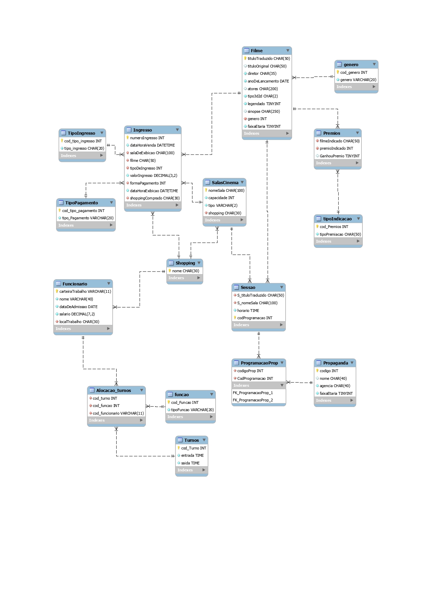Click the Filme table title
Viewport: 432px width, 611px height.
point(257,50)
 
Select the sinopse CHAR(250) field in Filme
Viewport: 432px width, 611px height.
point(264,111)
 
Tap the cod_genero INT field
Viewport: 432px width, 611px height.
point(354,72)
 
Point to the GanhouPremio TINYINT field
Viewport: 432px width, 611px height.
point(339,156)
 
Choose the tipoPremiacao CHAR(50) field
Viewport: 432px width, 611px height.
point(340,234)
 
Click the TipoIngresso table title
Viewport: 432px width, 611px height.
point(81,133)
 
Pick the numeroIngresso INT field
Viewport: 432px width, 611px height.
point(147,138)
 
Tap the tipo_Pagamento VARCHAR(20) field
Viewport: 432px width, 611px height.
point(88,218)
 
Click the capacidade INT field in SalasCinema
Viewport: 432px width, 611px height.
point(221,198)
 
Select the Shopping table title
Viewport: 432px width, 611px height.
point(185,263)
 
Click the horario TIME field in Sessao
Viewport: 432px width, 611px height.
point(248,311)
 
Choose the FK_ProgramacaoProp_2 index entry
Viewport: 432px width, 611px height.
point(253,400)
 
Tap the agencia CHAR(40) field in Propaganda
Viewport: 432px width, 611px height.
point(335,386)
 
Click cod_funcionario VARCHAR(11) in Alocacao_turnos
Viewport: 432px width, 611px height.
point(118,413)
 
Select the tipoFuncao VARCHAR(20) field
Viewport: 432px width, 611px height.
point(192,410)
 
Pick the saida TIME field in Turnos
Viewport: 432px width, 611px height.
point(190,463)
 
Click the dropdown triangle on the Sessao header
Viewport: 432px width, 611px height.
point(282,287)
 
